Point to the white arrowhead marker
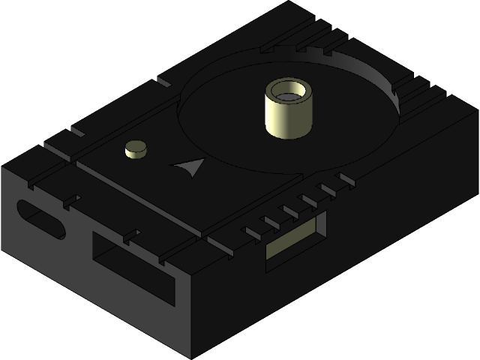point(190,166)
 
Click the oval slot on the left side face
point(42,219)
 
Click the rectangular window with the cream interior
point(296,238)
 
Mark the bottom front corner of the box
point(193,355)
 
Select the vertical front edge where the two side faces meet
point(193,315)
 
